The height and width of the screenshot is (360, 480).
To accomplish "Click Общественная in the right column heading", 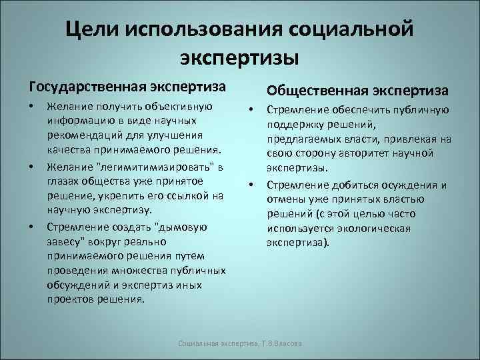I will click(x=318, y=90).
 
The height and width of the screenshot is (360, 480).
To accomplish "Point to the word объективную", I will click(x=180, y=107).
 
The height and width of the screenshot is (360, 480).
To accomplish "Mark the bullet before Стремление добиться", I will click(x=253, y=184).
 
